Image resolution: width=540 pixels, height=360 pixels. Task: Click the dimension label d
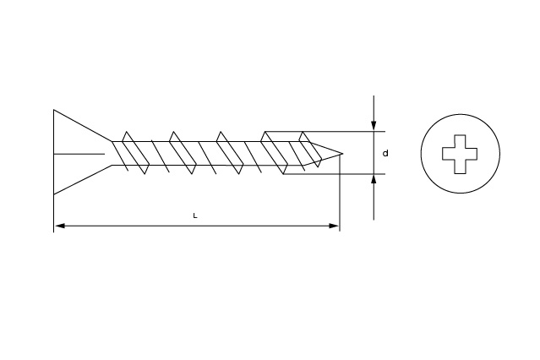click(385, 153)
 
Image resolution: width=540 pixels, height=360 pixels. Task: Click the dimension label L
click(195, 216)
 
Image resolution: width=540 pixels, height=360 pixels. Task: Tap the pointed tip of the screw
click(342, 153)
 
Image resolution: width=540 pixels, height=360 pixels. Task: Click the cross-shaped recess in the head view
click(460, 154)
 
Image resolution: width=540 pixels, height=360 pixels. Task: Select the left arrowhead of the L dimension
click(60, 226)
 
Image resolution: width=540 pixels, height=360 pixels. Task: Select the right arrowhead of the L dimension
click(334, 226)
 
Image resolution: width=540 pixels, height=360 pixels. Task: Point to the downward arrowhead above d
click(374, 126)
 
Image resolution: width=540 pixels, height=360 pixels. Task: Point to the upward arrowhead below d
click(374, 180)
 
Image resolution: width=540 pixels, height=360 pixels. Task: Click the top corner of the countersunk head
click(54, 110)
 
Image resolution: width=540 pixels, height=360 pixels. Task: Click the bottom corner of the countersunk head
click(54, 195)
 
